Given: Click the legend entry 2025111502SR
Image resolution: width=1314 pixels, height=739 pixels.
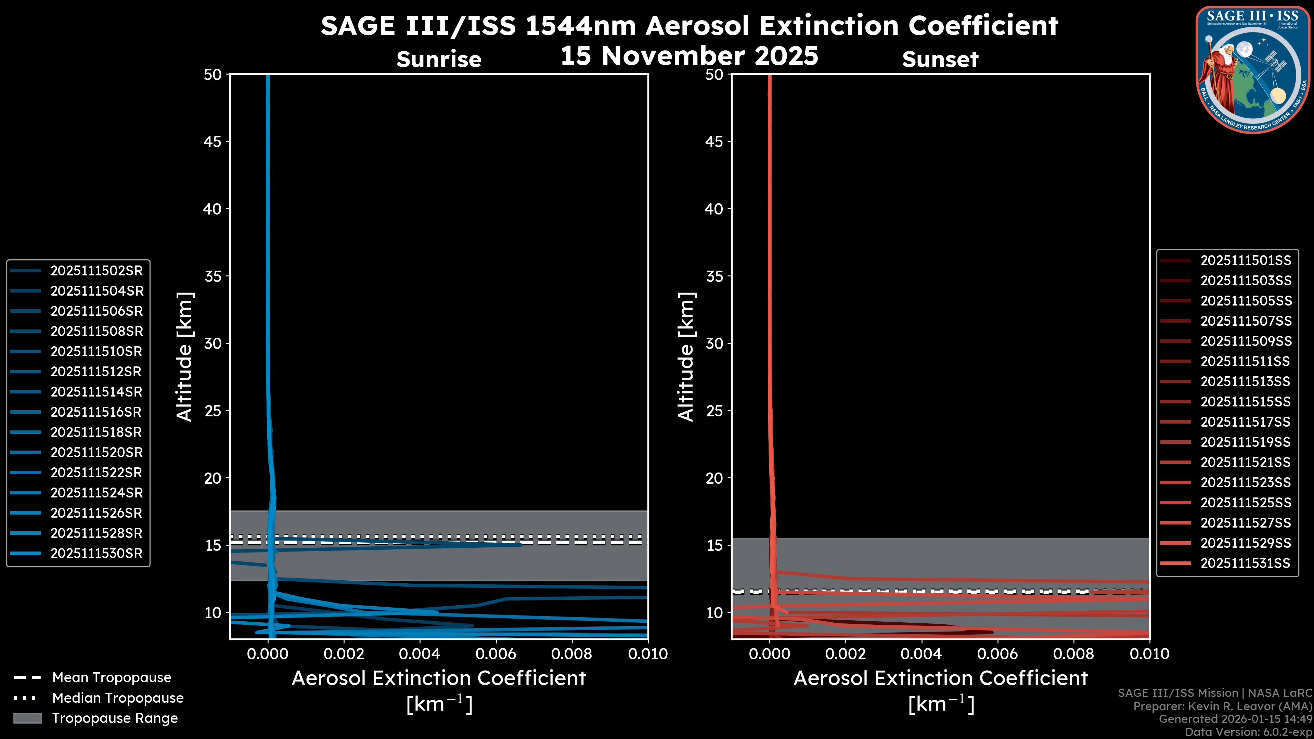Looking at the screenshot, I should pos(96,271).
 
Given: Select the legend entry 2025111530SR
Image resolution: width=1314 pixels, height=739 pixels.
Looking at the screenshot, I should pos(96,553).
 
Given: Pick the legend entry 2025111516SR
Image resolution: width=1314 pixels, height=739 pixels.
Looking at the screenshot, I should pos(96,412).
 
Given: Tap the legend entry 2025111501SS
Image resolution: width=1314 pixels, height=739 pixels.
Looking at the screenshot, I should pos(1245,261).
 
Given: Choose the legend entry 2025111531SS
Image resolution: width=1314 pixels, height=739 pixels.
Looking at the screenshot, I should pos(1245,563).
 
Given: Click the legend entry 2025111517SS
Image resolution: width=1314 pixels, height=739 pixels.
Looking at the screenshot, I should pos(1245,422).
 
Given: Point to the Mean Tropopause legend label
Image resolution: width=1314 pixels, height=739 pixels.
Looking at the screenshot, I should pos(112,677).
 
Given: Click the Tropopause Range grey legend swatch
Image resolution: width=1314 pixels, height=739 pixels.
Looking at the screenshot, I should pos(27,718).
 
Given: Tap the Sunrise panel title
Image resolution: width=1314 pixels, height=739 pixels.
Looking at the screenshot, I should pos(439,59).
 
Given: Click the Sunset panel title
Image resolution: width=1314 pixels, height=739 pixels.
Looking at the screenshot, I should pos(940,59).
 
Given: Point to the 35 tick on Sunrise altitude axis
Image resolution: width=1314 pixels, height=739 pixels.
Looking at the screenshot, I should pos(213,276).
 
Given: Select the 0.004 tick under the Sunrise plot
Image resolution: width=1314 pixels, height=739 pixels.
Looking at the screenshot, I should pos(419,654).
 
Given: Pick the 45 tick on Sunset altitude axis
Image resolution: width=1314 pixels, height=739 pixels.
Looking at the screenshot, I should pos(714,142).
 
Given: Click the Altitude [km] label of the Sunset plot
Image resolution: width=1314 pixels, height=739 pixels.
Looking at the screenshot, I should pos(686,357).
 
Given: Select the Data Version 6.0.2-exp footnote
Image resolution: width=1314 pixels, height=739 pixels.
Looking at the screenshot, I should pos(1249,732).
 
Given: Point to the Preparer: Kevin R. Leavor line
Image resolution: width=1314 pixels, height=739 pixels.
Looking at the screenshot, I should pos(1222,706).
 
